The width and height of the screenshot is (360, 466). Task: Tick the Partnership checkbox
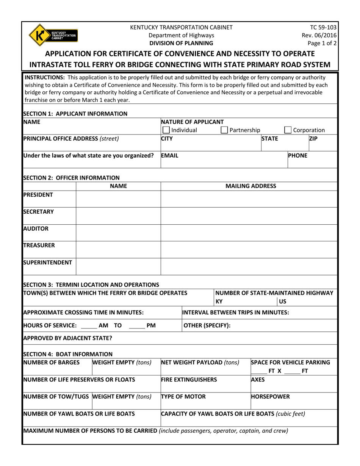point(224,130)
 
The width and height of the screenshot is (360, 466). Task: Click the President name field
point(119,199)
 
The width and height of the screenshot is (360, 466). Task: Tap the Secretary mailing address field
point(249,216)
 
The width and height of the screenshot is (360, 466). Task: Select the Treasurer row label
point(38,245)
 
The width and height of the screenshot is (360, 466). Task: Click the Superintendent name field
point(119,266)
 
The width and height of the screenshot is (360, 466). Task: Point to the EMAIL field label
point(169,155)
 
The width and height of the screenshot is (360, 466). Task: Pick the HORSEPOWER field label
point(271,397)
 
